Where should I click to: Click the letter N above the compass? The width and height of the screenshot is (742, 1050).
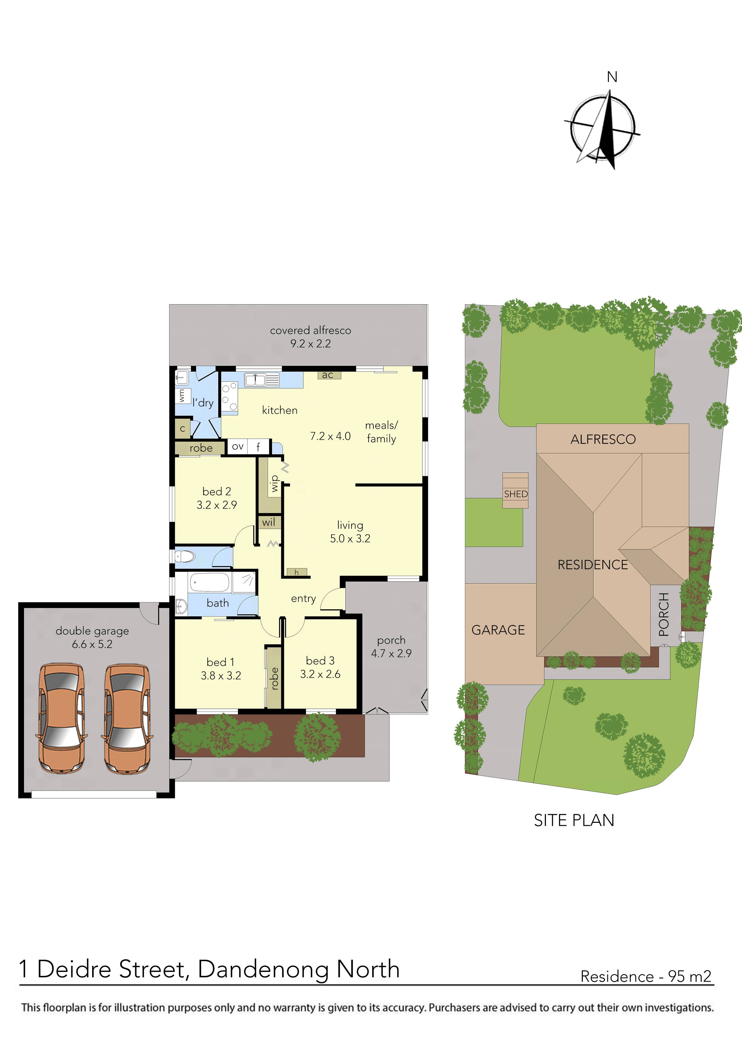[x=612, y=77]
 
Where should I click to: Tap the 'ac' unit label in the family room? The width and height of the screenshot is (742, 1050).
[x=327, y=375]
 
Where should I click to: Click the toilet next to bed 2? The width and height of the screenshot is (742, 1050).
[x=185, y=556]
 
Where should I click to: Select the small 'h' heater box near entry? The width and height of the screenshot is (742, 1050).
[x=296, y=572]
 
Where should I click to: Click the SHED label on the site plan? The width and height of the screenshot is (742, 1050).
[x=516, y=494]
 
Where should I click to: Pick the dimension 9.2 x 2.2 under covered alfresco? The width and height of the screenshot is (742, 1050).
[x=311, y=343]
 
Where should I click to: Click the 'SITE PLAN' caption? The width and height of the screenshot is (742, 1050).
[x=574, y=820]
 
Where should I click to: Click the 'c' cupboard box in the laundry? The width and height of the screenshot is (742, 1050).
[x=183, y=429]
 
